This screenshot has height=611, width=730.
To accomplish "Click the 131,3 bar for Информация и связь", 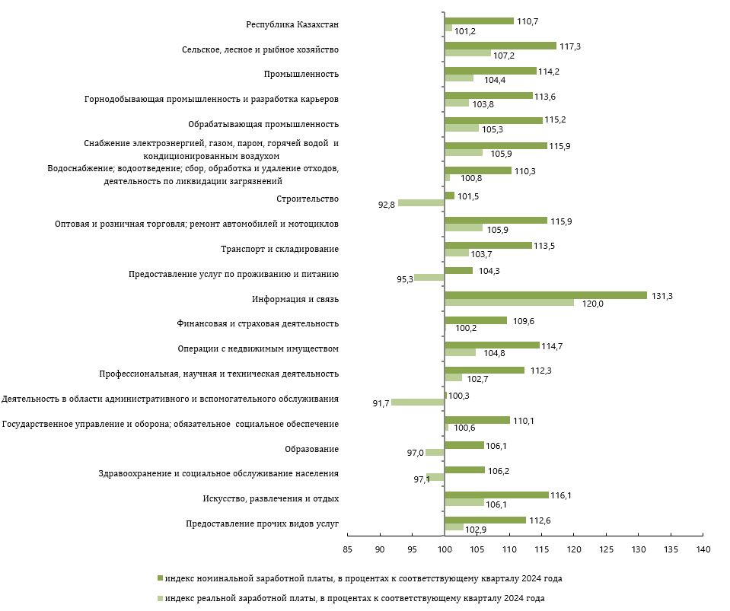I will coord(545,295).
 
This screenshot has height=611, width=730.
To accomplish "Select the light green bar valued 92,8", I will coord(421,203).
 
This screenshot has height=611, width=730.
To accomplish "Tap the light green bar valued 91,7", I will coord(417,402).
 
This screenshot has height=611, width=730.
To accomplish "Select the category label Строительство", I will coord(308,199).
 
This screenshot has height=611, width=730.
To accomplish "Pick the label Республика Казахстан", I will coord(292,24).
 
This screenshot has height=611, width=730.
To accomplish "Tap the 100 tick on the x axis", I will coord(444,549).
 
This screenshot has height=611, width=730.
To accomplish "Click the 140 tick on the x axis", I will coord(703,549).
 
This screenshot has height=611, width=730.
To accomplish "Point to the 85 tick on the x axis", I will coord(347,549).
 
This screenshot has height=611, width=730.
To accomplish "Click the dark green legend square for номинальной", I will coord(160,578).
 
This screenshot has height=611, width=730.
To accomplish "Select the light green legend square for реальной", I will coord(160,598).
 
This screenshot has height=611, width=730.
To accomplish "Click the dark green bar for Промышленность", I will coord(490,71).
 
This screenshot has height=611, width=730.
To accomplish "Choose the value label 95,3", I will coord(404,279).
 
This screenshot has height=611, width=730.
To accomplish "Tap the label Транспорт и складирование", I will coord(279,249).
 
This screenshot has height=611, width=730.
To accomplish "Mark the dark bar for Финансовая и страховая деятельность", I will coord(475,320).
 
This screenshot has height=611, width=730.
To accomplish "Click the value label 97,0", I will coord(415,453).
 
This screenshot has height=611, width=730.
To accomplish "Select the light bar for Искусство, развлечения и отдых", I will coord(464,502).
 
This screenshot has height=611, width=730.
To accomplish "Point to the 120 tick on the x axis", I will coord(573,549).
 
